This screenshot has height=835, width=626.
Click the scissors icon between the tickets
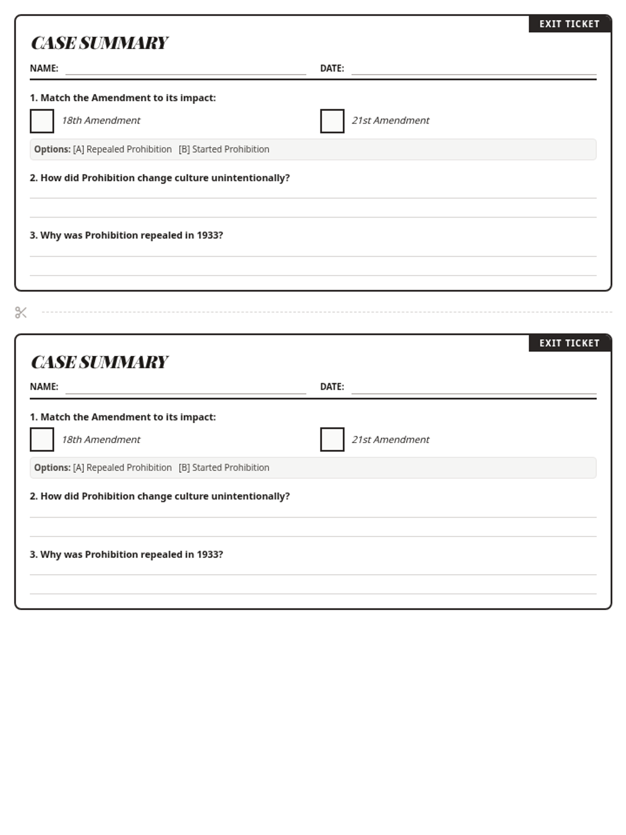pyautogui.click(x=21, y=313)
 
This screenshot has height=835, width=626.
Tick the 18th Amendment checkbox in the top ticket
pyautogui.click(x=42, y=121)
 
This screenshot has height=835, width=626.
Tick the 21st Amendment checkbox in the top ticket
pyautogui.click(x=332, y=121)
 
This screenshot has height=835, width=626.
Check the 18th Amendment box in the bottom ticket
pyautogui.click(x=42, y=439)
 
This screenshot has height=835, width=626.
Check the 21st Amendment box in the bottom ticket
pyautogui.click(x=332, y=439)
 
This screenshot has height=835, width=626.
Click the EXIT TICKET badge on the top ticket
pyautogui.click(x=569, y=24)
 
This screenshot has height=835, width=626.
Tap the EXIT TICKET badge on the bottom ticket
pyautogui.click(x=569, y=343)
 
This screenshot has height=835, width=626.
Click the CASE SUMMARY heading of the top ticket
pyautogui.click(x=99, y=43)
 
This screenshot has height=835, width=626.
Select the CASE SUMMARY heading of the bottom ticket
pyautogui.click(x=99, y=362)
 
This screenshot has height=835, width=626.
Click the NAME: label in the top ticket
pyautogui.click(x=44, y=68)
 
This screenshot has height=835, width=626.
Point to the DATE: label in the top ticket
pyautogui.click(x=332, y=68)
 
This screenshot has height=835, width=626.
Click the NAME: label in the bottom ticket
pyautogui.click(x=44, y=387)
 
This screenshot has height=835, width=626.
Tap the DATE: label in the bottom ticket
pyautogui.click(x=332, y=387)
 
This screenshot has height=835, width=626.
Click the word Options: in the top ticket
pyautogui.click(x=52, y=149)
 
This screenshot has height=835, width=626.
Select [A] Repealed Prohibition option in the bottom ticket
pyautogui.click(x=122, y=468)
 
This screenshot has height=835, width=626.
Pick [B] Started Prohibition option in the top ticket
pyautogui.click(x=224, y=149)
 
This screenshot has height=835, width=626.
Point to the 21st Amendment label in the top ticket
pyautogui.click(x=390, y=121)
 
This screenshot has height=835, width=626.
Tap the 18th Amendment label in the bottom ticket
pyautogui.click(x=101, y=439)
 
